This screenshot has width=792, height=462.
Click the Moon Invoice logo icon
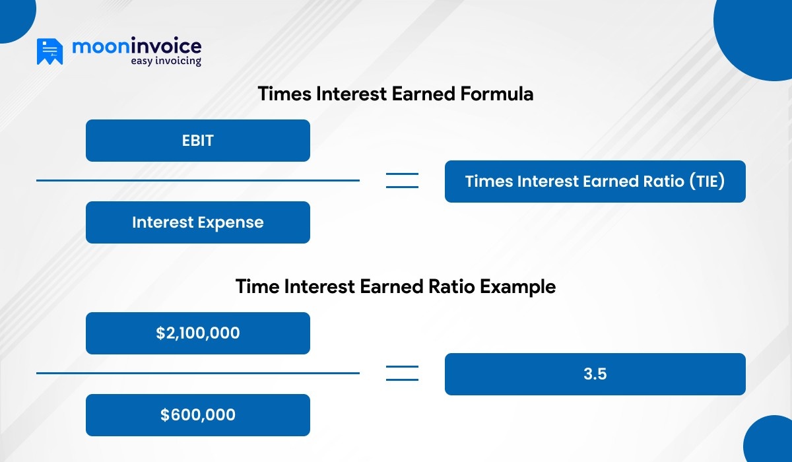49,51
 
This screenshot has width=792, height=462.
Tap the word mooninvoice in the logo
136,46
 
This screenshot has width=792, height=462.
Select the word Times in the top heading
284,94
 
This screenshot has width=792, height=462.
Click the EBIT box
198,141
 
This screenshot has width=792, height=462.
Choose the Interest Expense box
198,222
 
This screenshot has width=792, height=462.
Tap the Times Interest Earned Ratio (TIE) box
595,181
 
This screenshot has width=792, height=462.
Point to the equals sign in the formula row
402,180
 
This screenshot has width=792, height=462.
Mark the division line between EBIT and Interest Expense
198,180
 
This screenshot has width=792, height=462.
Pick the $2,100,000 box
198,333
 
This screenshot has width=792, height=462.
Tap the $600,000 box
198,415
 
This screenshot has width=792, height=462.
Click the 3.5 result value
595,374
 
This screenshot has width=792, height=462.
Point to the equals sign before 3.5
402,373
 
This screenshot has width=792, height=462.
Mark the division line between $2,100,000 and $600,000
198,373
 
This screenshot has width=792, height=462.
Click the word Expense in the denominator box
231,222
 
